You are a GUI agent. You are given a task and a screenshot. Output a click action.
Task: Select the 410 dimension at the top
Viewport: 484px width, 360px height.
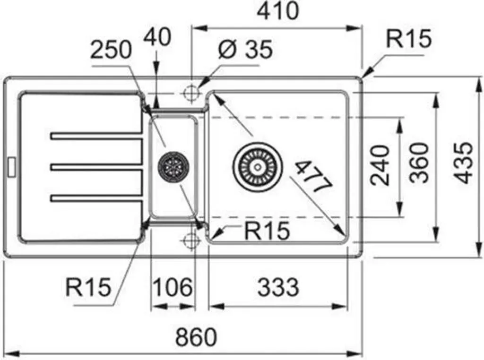[x=278, y=11]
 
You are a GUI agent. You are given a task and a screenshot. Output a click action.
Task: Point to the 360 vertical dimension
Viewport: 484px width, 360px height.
[x=420, y=163]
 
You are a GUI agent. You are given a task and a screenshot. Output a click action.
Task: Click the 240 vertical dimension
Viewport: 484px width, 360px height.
[x=380, y=165]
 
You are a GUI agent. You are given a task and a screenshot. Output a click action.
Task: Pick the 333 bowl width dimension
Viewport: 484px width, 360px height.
[x=278, y=287]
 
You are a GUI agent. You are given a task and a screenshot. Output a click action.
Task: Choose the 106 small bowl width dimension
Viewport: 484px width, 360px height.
[x=173, y=287]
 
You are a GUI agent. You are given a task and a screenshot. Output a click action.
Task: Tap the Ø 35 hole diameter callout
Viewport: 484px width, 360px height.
[x=246, y=49]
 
